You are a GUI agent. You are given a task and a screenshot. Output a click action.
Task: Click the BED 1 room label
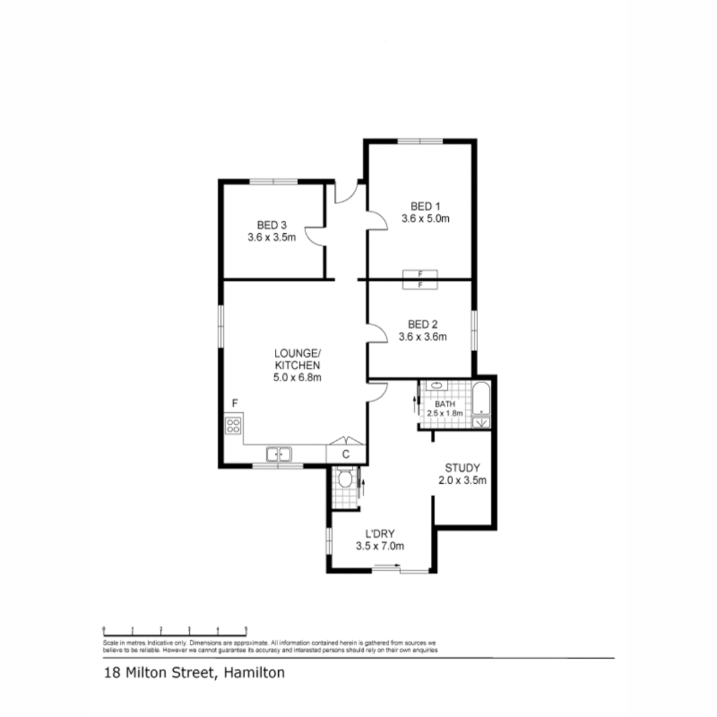pyautogui.click(x=425, y=206)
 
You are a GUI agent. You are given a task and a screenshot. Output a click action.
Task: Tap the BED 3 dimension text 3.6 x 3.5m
pyautogui.click(x=271, y=236)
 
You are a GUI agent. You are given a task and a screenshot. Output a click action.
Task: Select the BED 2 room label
pyautogui.click(x=422, y=325)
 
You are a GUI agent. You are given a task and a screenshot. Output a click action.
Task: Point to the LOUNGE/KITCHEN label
pyautogui.click(x=297, y=358)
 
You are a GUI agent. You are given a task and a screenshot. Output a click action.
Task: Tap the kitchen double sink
pyautogui.click(x=279, y=454)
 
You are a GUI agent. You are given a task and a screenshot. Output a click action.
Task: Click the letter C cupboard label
pyautogui.click(x=346, y=454)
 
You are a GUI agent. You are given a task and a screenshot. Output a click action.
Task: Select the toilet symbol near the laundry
pyautogui.click(x=343, y=479)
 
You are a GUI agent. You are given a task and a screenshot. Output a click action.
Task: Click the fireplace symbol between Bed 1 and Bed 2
pyautogui.click(x=420, y=279)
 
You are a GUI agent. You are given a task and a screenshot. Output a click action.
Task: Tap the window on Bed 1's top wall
pyautogui.click(x=420, y=141)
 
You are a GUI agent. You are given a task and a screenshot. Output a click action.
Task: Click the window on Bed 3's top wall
pyautogui.click(x=273, y=181)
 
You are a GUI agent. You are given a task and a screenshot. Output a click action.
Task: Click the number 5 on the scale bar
pyautogui.click(x=246, y=628)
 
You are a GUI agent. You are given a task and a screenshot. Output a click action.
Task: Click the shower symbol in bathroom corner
pyautogui.click(x=481, y=422)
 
